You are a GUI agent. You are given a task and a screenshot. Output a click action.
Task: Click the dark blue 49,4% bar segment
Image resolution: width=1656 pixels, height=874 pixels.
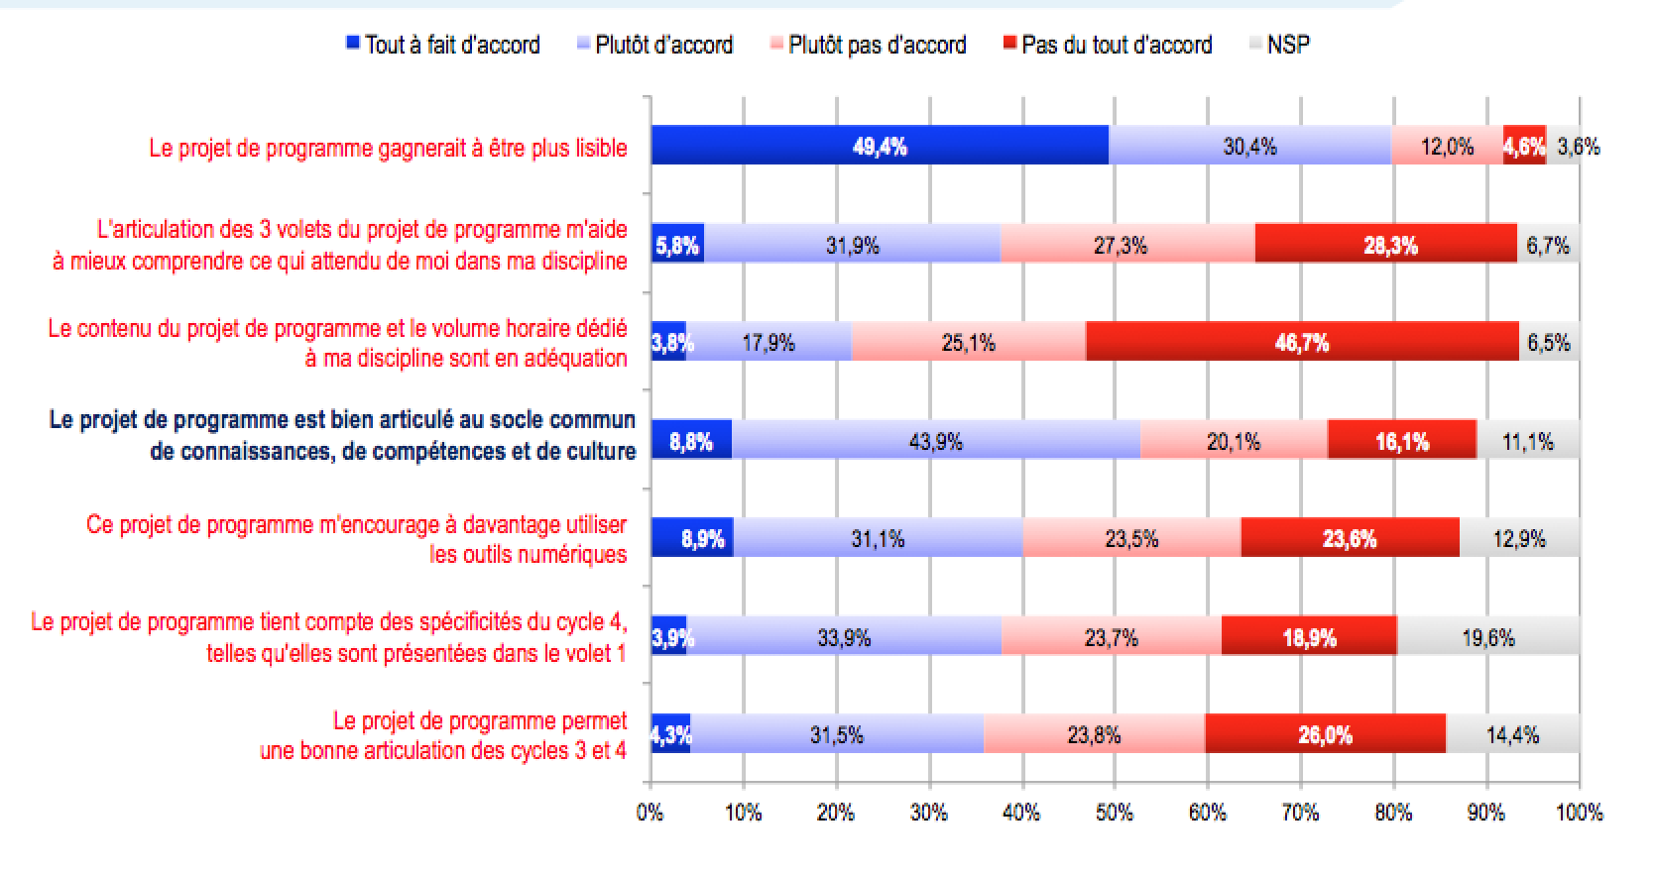880,147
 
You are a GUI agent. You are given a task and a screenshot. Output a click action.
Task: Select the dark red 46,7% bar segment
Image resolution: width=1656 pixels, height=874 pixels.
1302,343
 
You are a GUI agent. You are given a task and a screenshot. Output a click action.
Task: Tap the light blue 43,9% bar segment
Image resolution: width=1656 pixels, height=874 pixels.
936,441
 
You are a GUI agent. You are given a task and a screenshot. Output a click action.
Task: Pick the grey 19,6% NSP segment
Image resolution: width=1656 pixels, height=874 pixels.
1487,637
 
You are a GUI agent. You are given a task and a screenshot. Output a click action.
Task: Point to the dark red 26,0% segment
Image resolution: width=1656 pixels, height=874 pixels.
1325,735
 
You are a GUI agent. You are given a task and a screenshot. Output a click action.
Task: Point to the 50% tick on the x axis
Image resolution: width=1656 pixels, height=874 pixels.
1115,813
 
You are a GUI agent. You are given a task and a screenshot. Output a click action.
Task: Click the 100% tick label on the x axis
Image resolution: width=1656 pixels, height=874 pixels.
1579,813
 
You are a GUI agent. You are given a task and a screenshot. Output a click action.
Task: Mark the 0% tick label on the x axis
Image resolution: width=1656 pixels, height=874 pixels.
651,813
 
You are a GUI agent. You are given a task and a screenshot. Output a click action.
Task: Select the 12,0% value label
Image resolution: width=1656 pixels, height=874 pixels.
1447,147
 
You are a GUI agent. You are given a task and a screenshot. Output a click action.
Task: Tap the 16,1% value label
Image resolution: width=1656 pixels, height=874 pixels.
1402,441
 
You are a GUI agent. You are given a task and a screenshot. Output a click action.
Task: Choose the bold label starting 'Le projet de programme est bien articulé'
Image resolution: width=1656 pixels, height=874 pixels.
342,435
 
